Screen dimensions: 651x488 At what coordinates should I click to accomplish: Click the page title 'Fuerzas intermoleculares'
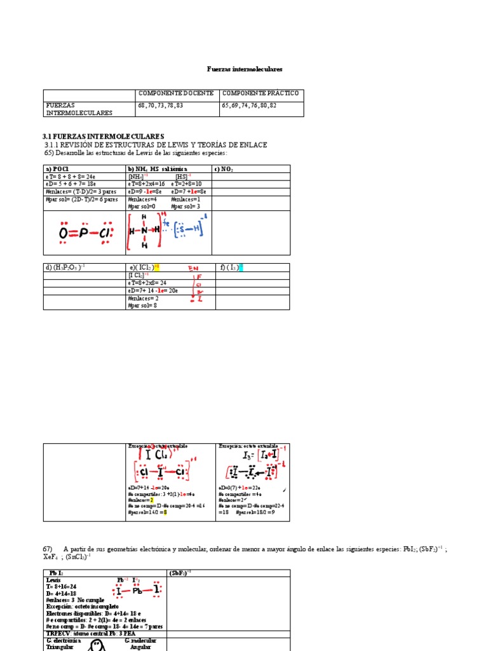[245, 69]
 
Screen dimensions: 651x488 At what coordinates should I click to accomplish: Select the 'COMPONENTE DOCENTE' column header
[175, 93]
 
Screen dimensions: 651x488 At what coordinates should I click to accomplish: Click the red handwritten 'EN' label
[193, 269]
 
